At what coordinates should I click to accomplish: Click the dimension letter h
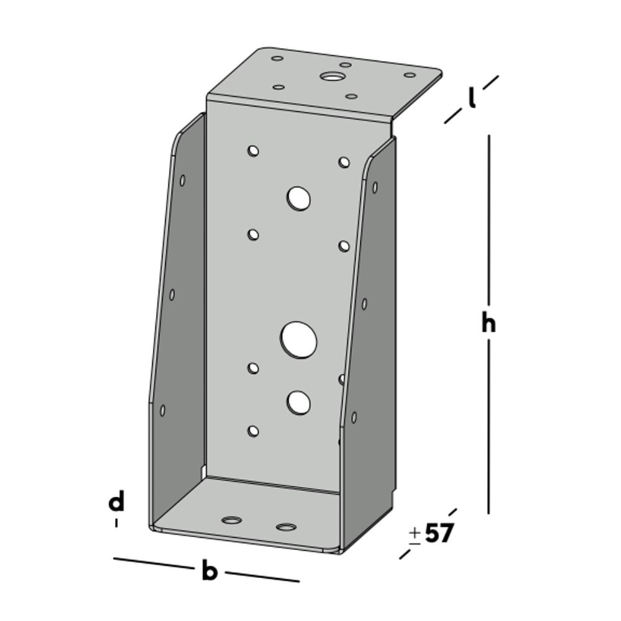pos(489,324)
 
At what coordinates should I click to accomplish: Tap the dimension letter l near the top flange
pos(472,97)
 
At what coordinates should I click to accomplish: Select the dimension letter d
pos(116,502)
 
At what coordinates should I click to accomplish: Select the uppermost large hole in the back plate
pos(299,198)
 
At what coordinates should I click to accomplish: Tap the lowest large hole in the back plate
pos(299,402)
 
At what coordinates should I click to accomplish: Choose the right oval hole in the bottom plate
pos(286,527)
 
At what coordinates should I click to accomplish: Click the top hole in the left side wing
pos(183,180)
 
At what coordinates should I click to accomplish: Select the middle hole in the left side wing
pos(172,294)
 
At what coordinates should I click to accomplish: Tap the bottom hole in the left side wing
pos(163,410)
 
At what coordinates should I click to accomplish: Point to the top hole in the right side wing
pos(374,187)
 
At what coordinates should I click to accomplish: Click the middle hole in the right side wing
pos(365,303)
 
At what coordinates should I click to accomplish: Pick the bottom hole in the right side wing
pos(354,417)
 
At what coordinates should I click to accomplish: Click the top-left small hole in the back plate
pos(253,150)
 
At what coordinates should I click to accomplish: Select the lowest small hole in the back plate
pos(253,430)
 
